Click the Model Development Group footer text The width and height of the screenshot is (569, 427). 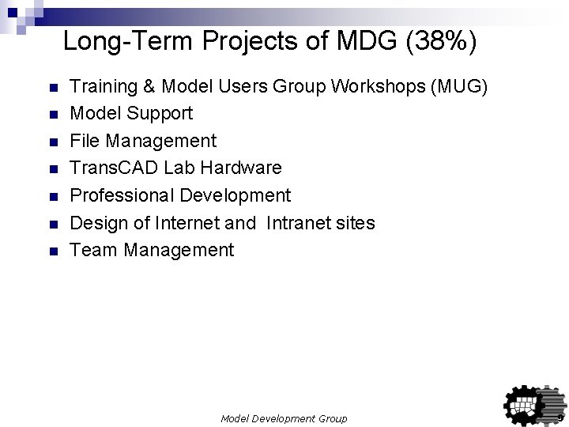284,418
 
